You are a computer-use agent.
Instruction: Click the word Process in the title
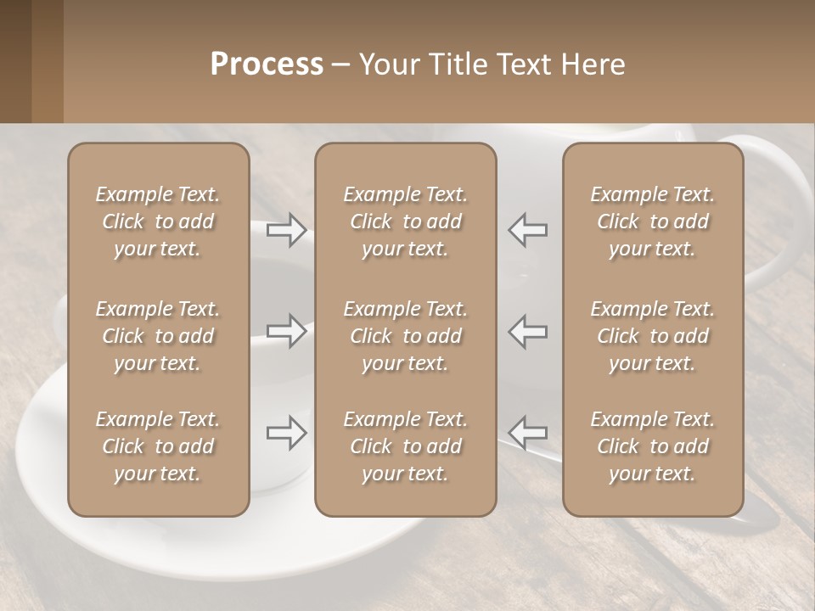[267, 64]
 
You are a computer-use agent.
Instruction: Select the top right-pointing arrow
[287, 230]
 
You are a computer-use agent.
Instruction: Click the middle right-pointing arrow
[287, 331]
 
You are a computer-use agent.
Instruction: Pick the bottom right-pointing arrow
[287, 433]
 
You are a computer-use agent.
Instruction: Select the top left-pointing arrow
[527, 230]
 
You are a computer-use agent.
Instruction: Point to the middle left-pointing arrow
[527, 331]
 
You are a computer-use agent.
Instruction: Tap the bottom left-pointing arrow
[527, 433]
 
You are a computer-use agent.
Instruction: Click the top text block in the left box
[158, 221]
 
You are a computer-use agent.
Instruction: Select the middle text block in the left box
[158, 336]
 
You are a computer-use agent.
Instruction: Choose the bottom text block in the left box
[158, 446]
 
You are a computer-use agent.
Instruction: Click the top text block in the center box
[405, 221]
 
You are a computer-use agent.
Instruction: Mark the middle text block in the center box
[405, 336]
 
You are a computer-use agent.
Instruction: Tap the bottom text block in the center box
[405, 446]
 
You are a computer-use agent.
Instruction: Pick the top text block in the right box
[652, 221]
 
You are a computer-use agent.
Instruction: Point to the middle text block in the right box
[652, 336]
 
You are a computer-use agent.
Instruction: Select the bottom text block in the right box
[652, 446]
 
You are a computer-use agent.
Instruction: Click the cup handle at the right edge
[785, 212]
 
